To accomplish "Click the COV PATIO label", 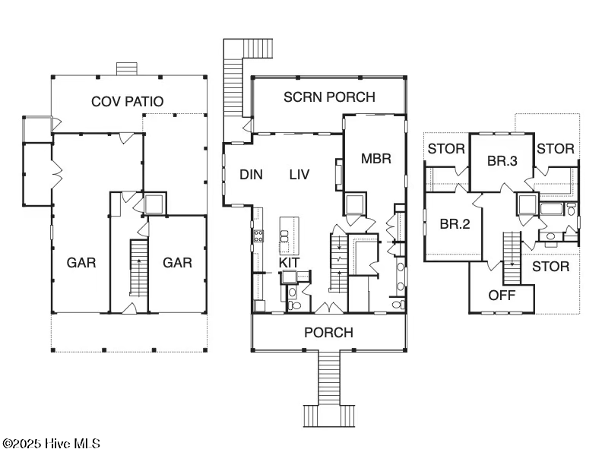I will [x=127, y=101].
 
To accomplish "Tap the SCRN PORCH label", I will [x=329, y=97].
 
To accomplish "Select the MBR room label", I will [x=375, y=159].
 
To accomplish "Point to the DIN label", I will [x=251, y=175].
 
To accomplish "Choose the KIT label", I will [x=290, y=263].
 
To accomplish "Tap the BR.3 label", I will [x=502, y=160].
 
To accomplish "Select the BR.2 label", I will [x=455, y=225].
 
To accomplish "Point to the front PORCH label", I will [x=328, y=333].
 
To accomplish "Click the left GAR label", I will [x=81, y=263].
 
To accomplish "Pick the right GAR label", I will [x=177, y=263].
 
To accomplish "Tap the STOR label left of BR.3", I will [x=445, y=149].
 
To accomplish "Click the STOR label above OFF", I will [x=550, y=267].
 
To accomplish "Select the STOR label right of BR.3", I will [x=555, y=149].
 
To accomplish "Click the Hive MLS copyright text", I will [x=51, y=444].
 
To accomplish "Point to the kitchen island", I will [x=287, y=235].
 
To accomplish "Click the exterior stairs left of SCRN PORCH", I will [x=233, y=90].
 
